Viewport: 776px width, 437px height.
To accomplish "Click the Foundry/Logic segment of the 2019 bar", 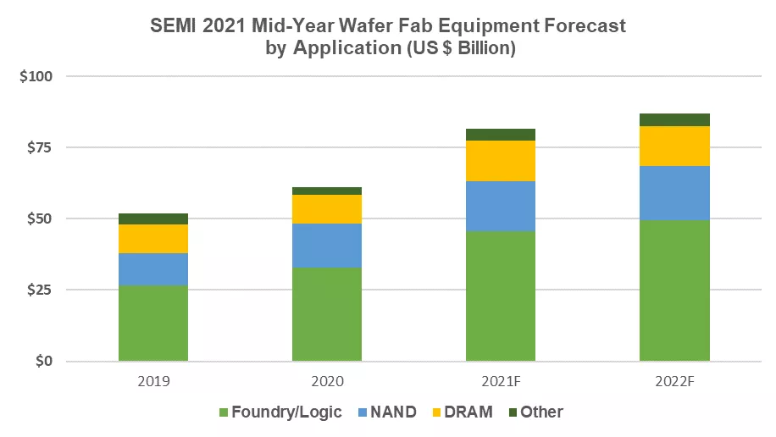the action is [153, 323].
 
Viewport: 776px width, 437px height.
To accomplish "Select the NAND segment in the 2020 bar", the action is [327, 246].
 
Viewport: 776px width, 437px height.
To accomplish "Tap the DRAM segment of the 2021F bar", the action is [501, 161].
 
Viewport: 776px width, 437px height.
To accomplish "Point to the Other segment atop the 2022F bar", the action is [674, 119].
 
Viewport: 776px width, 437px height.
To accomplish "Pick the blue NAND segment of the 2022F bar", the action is [674, 192].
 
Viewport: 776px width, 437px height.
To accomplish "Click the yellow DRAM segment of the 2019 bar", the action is [153, 239].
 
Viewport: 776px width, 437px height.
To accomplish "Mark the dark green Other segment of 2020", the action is [327, 191].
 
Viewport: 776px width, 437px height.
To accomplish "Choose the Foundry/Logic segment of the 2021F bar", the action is [501, 296].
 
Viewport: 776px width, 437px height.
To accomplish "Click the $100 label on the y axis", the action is [36, 76].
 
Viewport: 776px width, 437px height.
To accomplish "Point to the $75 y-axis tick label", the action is [40, 147].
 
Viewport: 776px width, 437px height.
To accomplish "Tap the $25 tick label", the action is [40, 290].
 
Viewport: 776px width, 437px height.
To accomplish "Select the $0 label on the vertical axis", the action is [43, 361].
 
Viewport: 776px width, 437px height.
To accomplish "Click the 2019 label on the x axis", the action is [153, 381].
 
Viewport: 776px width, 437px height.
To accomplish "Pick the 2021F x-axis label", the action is [501, 381].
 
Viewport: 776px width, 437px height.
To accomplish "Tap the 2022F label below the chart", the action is [675, 381].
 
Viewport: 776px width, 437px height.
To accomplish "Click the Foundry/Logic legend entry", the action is [280, 412].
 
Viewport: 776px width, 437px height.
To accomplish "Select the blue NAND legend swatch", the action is [363, 412].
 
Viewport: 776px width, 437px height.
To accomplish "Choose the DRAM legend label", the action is [468, 412].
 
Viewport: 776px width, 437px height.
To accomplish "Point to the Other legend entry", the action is [536, 412].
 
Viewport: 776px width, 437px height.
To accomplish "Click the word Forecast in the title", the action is [585, 25].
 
